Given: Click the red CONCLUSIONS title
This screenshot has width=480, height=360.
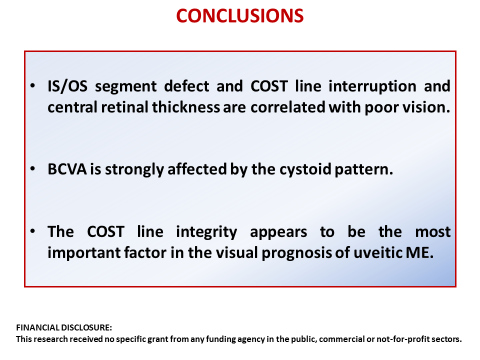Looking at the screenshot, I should click(240, 17).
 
